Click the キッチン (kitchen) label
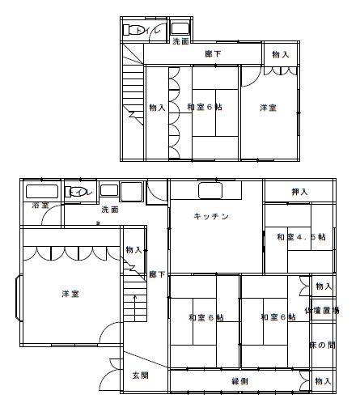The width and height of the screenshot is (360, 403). (x=212, y=216)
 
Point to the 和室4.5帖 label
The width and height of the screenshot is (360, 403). (x=300, y=236)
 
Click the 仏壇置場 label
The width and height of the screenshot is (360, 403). (x=322, y=310)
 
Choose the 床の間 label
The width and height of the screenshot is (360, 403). (x=322, y=345)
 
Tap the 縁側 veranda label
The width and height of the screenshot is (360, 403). (x=240, y=380)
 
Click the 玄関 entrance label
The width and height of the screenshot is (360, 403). (x=140, y=375)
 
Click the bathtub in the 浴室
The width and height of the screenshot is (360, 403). (x=41, y=192)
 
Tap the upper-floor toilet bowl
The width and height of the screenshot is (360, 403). (x=133, y=31)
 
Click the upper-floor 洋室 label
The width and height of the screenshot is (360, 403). (x=269, y=107)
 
